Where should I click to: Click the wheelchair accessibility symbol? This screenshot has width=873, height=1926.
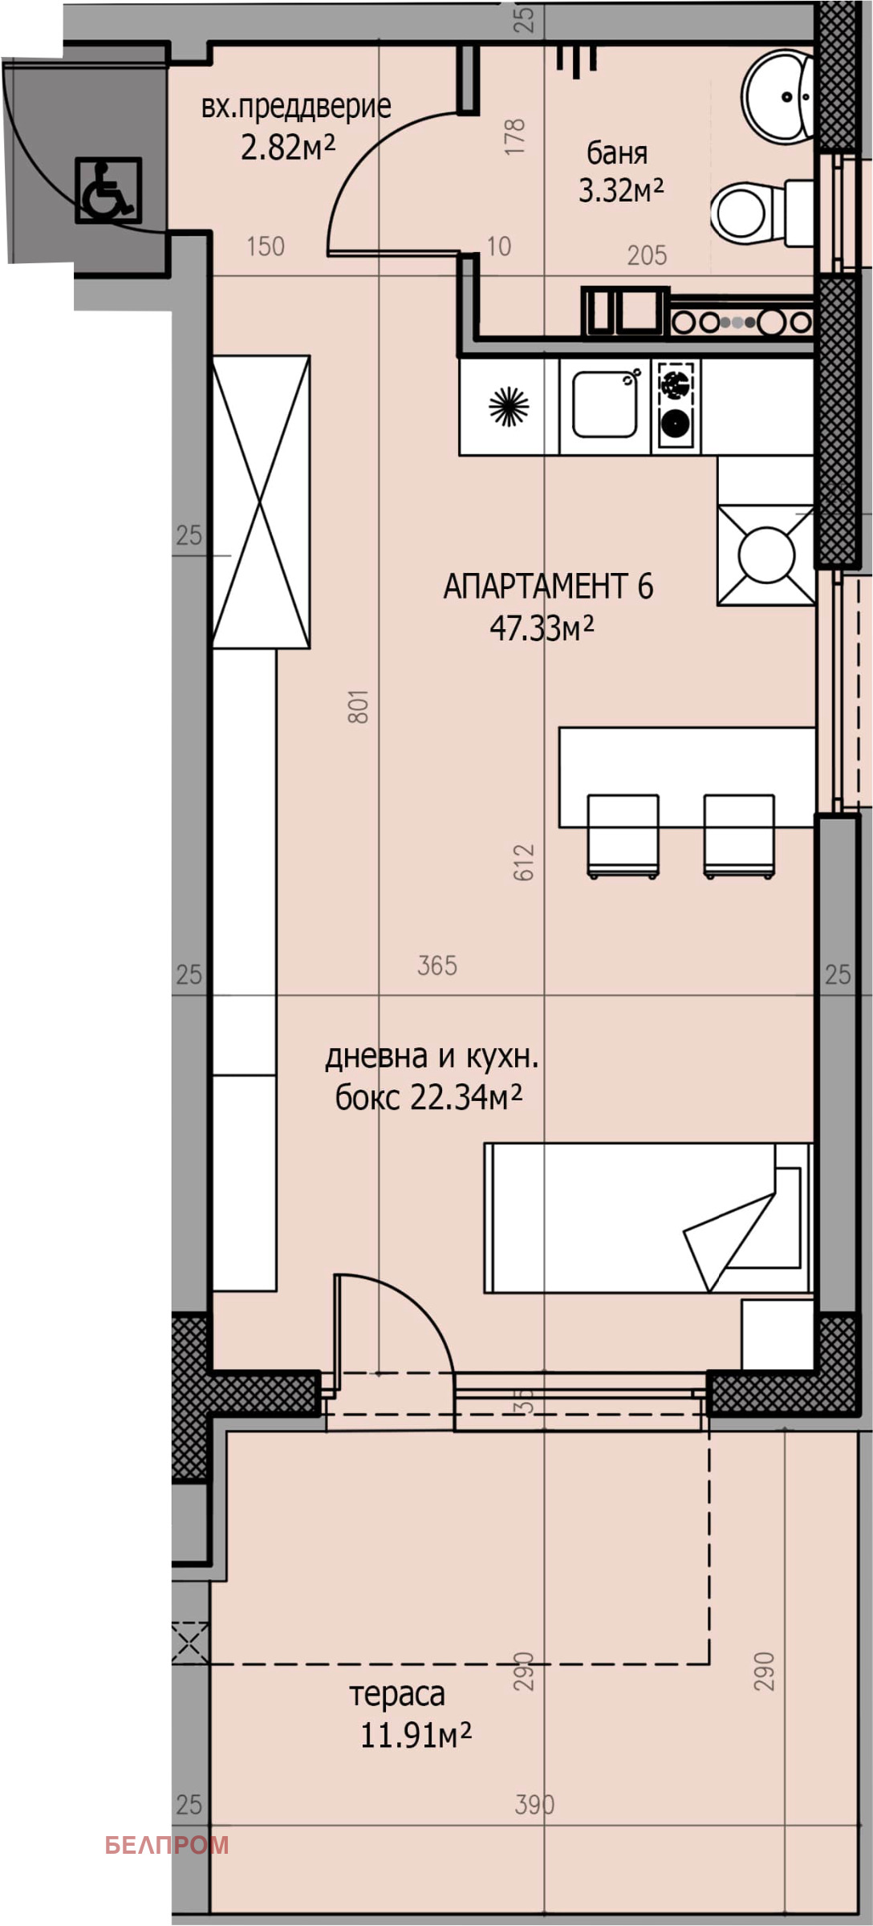pos(108,190)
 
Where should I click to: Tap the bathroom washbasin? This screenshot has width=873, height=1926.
pos(776,97)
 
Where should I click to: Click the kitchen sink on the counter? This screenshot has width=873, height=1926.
pos(605,403)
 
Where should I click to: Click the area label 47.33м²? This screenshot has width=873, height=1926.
pos(542,628)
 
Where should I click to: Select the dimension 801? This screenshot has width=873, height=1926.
pos(358,706)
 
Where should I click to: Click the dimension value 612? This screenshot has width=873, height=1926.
pos(523,862)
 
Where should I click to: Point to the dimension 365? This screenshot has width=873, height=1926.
pos(437,965)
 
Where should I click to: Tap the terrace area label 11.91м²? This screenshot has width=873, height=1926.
pos(415,1736)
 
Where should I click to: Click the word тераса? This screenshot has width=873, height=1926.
pos(397,1694)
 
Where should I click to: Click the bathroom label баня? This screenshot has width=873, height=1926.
pos(617,152)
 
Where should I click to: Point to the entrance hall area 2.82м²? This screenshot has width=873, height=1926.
pos(287,147)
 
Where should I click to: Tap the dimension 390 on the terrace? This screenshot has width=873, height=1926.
pos(534,1806)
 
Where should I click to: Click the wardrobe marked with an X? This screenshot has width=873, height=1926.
pos(261,502)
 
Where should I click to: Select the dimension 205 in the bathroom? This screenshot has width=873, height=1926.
pos(647,255)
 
